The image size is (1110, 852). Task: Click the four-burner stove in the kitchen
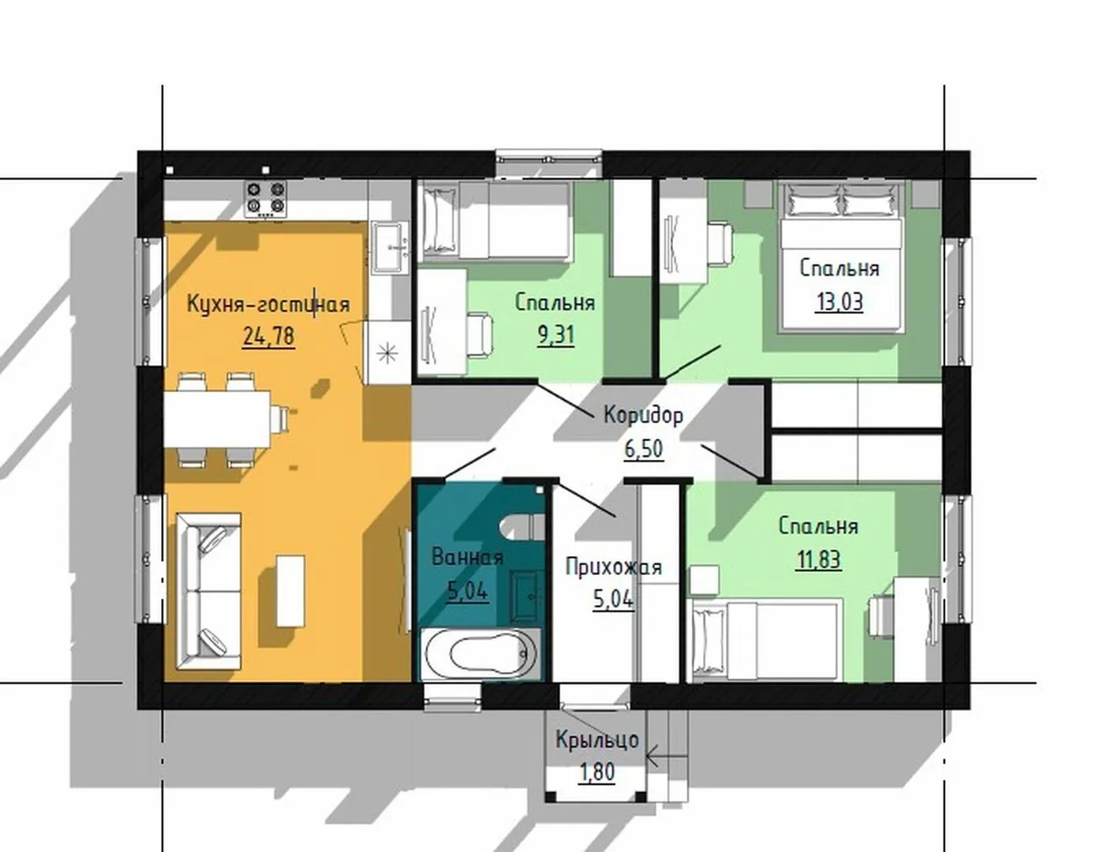(265, 199)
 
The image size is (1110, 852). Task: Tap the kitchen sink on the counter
(390, 247)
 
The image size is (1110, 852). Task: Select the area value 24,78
(269, 336)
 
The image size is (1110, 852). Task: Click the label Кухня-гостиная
(269, 305)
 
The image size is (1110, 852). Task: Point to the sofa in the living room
(208, 591)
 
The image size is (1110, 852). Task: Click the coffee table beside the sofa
(290, 591)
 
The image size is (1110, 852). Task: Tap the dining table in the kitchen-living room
(217, 419)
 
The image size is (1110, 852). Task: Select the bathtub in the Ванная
(480, 654)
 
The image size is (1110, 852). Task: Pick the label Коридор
(643, 415)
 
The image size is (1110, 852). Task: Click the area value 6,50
(644, 448)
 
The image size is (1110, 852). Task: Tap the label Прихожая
(614, 567)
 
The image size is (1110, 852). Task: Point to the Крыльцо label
(597, 740)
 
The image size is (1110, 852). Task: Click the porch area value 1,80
(597, 772)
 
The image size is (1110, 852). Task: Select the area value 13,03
(839, 301)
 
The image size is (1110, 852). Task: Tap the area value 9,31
(555, 335)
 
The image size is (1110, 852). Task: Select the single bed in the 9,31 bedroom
(495, 222)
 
